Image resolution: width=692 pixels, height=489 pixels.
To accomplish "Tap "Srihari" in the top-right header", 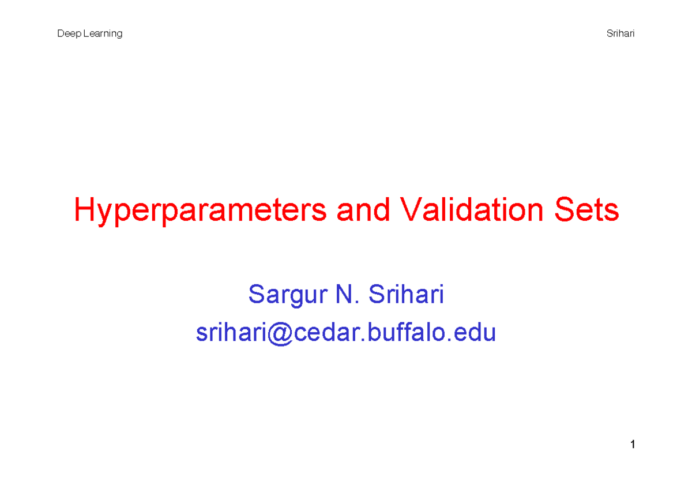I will coord(620,33).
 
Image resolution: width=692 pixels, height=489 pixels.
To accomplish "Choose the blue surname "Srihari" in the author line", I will coord(406,295).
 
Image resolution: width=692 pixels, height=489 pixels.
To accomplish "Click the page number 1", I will coord(633,445).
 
